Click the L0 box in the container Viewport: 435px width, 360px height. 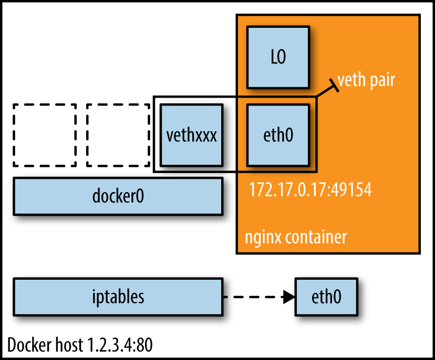click(277, 57)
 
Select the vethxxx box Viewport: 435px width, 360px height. click(191, 134)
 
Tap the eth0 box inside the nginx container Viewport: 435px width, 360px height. click(277, 134)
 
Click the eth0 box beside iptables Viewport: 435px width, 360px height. click(326, 297)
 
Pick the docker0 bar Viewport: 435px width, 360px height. click(118, 196)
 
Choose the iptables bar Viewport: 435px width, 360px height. click(118, 297)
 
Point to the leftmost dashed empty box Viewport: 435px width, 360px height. click(45, 135)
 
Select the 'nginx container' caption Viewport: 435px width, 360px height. click(296, 237)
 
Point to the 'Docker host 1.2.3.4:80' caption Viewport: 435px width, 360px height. click(80, 345)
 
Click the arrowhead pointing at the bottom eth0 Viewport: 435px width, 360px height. click(288, 298)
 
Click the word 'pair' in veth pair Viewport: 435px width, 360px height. click(381, 81)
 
